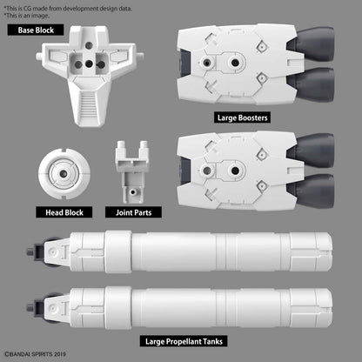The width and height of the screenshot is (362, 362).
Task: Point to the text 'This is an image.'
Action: (x=28, y=14)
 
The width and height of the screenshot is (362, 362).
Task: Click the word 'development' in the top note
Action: (x=93, y=6)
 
